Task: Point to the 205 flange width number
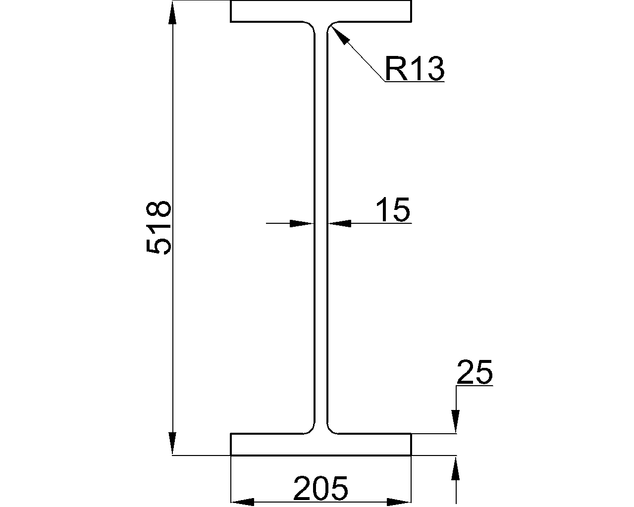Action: coord(321,489)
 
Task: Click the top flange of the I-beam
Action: coord(321,11)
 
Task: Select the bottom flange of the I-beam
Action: coord(321,444)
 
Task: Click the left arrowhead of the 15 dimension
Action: coord(302,223)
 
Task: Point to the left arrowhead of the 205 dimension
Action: coord(243,502)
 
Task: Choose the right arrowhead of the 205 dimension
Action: coord(399,502)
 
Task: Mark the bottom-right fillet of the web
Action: coord(331,429)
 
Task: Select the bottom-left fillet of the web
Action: coord(311,429)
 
